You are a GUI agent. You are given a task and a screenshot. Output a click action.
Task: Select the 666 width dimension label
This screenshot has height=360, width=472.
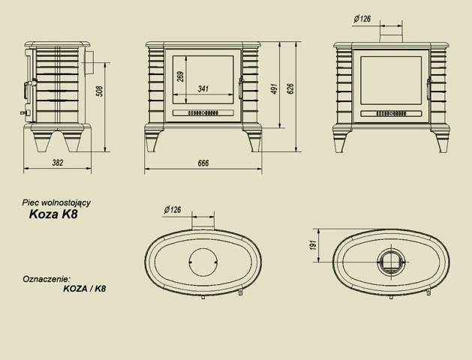[203, 163]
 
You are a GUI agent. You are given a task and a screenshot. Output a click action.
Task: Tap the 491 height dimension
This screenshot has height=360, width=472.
[275, 88]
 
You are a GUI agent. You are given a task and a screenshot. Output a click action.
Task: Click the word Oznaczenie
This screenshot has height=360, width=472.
[47, 277]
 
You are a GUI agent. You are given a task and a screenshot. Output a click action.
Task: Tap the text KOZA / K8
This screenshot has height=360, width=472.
[84, 288]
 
